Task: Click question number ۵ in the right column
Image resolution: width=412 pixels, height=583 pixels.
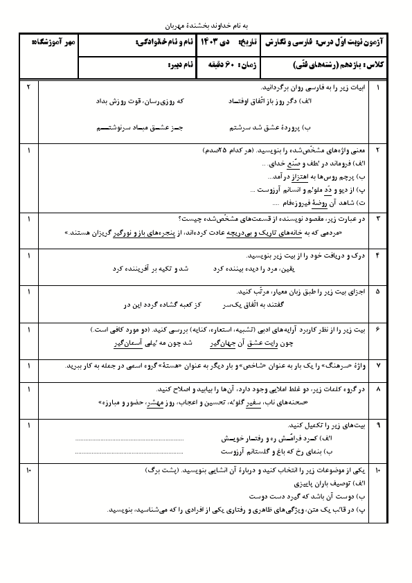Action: [378, 293]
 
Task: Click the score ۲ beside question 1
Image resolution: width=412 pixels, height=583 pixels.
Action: [28, 89]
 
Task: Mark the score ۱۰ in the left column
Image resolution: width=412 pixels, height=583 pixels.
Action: [28, 471]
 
